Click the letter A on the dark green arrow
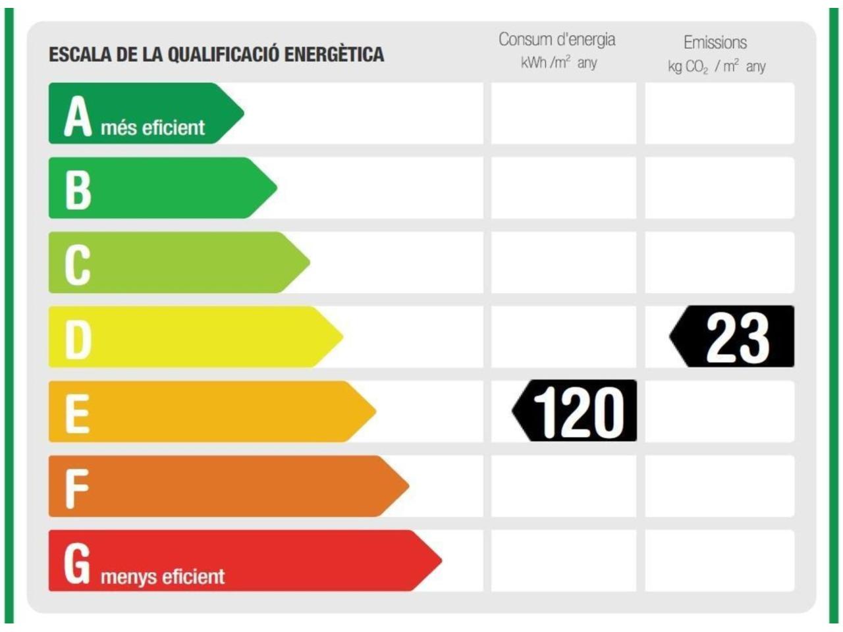(x=77, y=117)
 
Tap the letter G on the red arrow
(x=76, y=564)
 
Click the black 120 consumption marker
(x=576, y=411)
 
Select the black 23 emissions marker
(x=734, y=336)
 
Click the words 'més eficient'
(x=153, y=127)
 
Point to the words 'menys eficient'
(x=163, y=577)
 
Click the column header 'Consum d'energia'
(x=557, y=39)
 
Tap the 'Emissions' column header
(x=715, y=43)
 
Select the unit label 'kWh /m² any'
(x=558, y=63)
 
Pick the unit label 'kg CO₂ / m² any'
(x=717, y=66)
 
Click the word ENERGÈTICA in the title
(x=334, y=54)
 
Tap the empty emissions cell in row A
(x=719, y=113)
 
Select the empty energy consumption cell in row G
(x=564, y=561)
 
